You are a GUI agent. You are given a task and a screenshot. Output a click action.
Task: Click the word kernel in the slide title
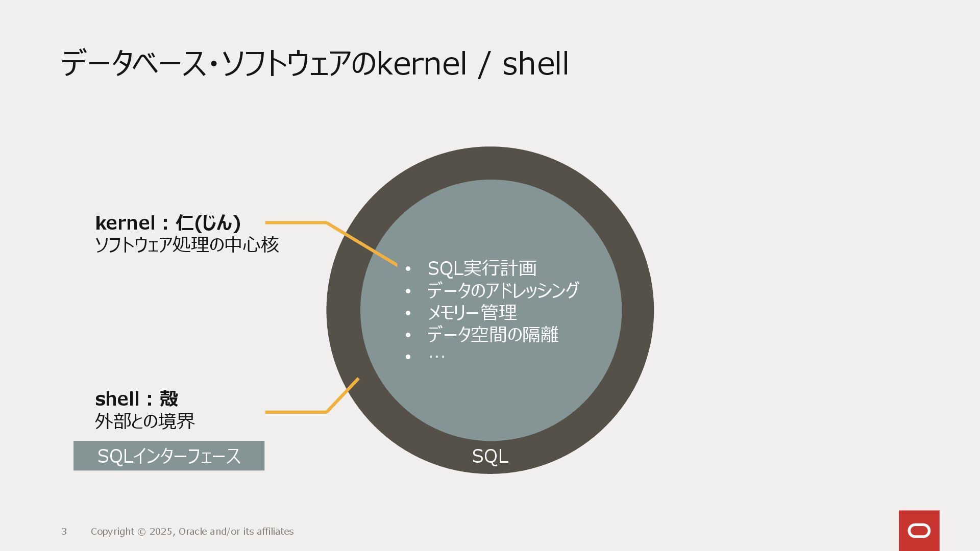click(422, 64)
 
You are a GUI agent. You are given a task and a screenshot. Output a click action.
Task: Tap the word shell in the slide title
click(535, 64)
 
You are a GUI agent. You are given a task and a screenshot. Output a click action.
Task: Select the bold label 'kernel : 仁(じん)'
click(168, 223)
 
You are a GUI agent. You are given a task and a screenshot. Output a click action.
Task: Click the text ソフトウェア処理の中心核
click(187, 245)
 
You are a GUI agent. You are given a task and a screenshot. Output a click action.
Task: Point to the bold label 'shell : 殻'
click(137, 399)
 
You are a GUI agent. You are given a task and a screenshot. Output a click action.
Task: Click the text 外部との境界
click(145, 421)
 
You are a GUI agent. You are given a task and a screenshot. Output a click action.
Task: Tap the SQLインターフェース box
click(169, 456)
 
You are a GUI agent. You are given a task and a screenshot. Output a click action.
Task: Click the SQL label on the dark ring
click(490, 456)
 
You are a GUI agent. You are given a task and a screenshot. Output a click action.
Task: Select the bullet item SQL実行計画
click(482, 268)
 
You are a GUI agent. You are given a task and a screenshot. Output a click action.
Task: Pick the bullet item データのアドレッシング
click(503, 290)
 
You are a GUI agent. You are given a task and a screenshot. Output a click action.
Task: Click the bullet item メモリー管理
click(472, 312)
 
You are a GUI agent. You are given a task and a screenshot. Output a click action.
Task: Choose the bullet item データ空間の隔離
click(493, 335)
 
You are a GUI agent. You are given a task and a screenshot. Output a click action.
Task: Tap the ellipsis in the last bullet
click(436, 356)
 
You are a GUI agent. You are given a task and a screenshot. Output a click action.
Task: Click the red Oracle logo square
click(919, 531)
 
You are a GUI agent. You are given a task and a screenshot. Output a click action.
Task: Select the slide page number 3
click(64, 532)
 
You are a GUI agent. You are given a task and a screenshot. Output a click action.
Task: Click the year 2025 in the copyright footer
click(161, 532)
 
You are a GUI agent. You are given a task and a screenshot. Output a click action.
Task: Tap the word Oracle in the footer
click(192, 532)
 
